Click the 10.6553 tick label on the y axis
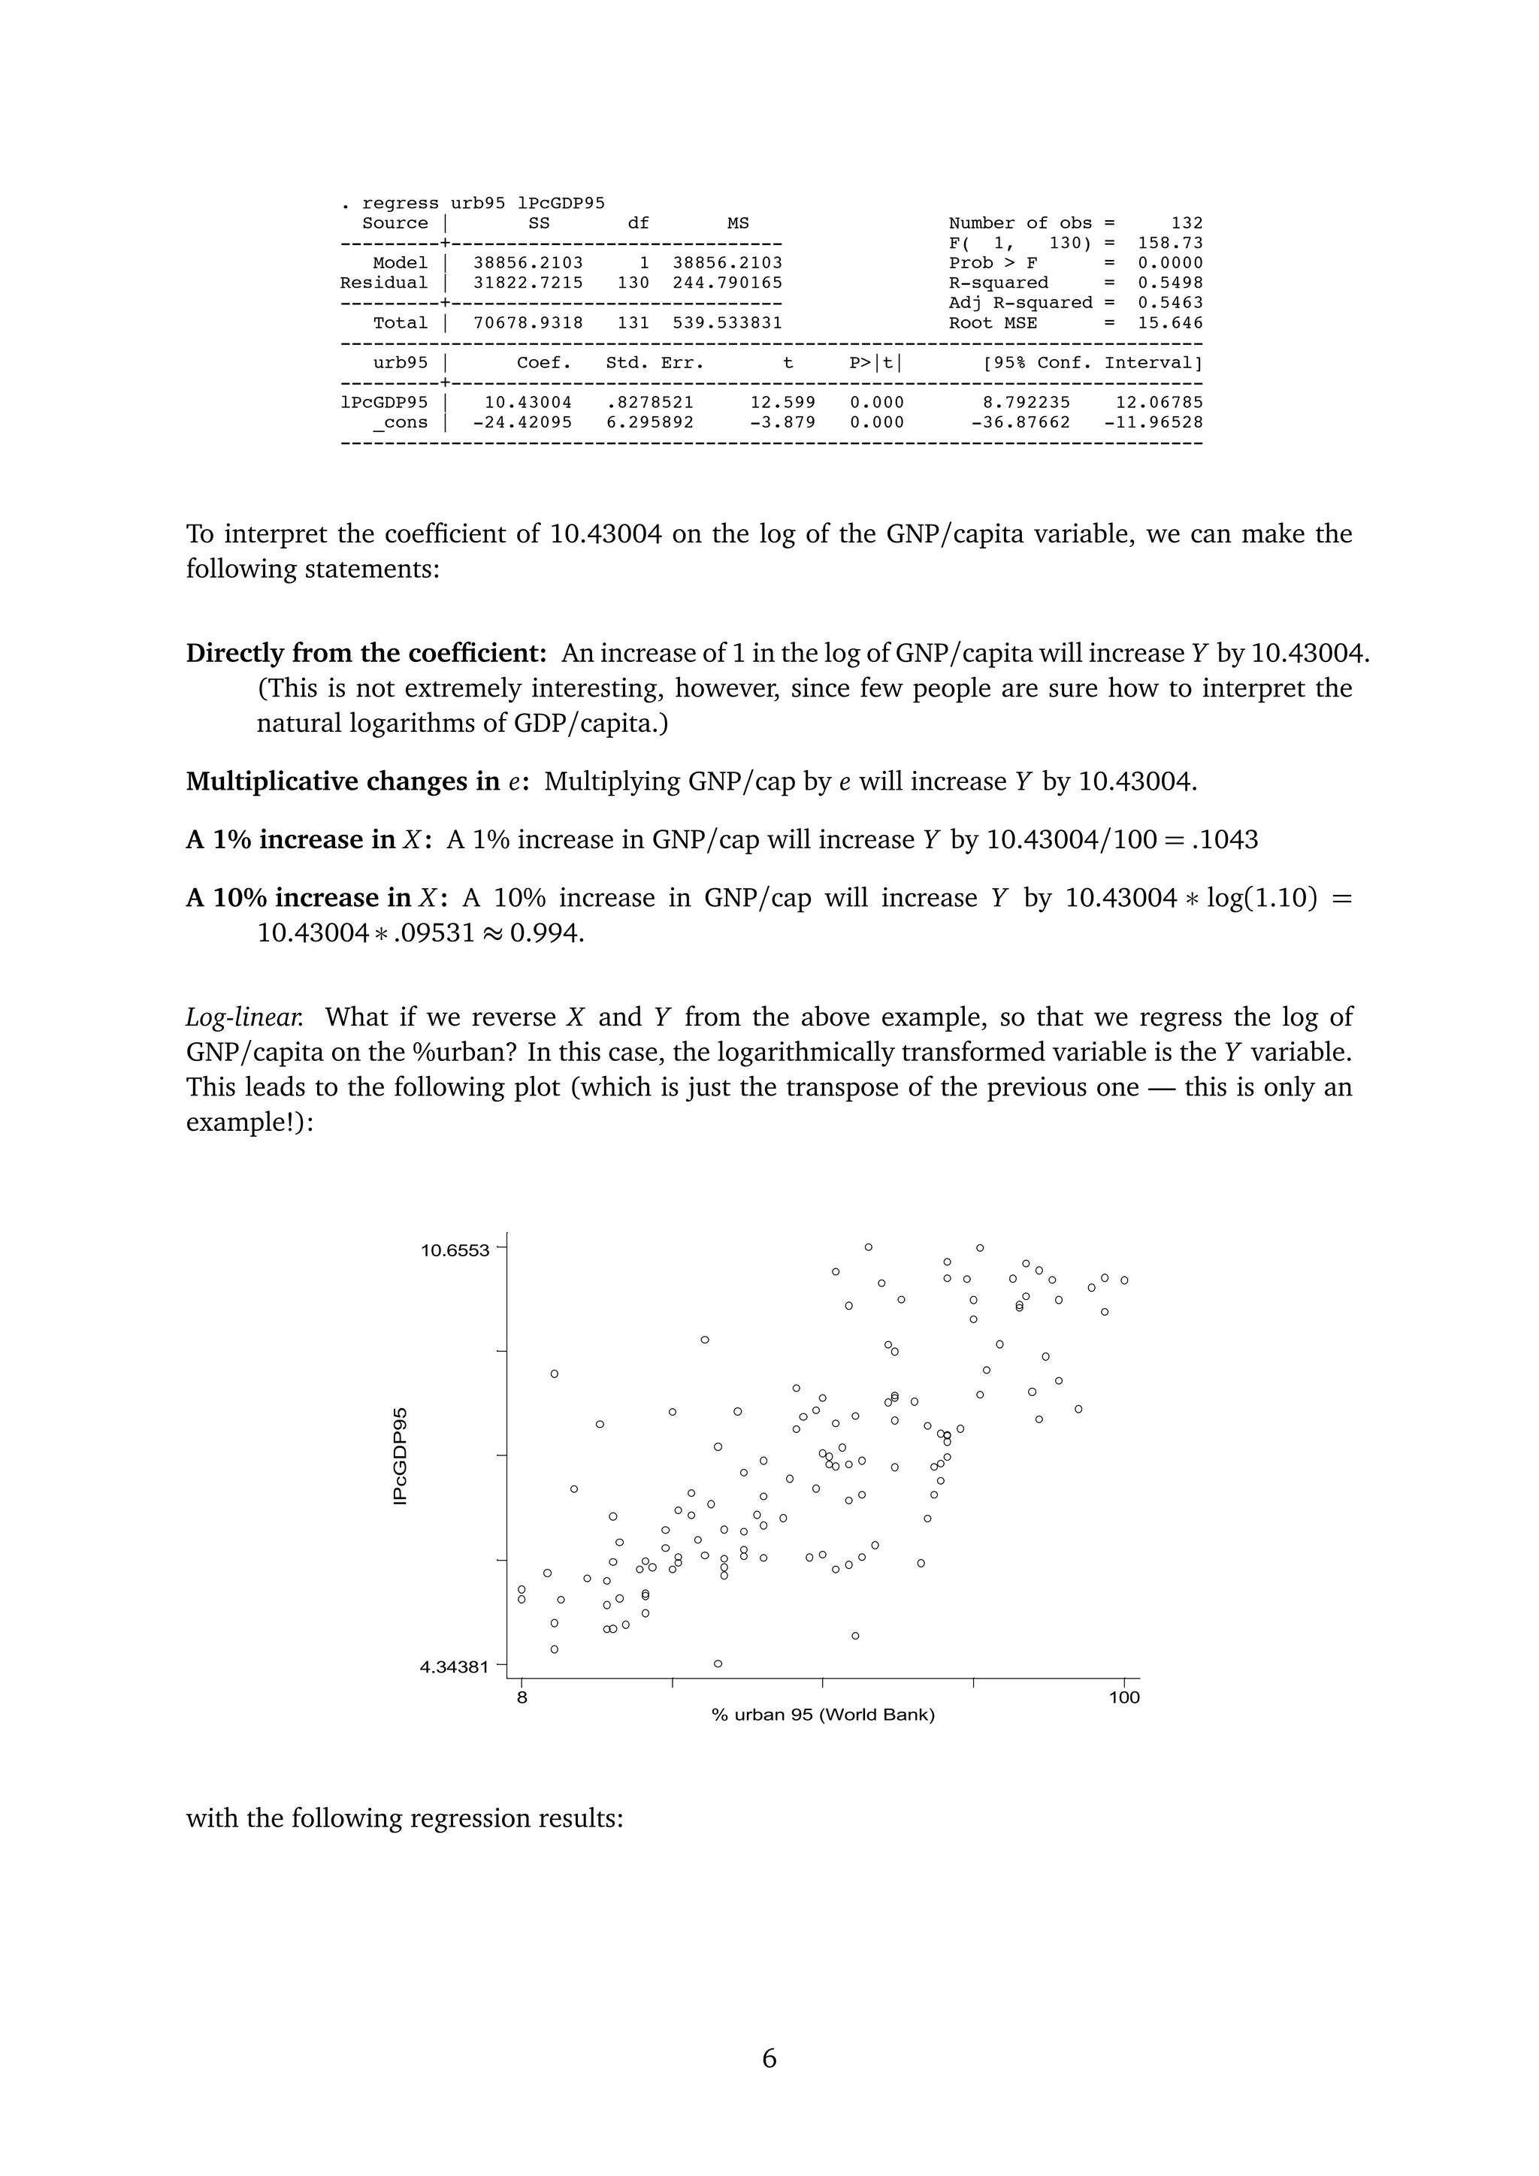455,1250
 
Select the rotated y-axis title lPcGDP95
401,1455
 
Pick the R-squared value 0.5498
1170,283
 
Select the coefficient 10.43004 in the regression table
528,402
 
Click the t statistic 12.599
783,402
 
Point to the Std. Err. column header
655,362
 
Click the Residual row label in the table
384,283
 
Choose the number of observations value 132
1187,222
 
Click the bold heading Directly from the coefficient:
366,653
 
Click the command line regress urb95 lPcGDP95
483,203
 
